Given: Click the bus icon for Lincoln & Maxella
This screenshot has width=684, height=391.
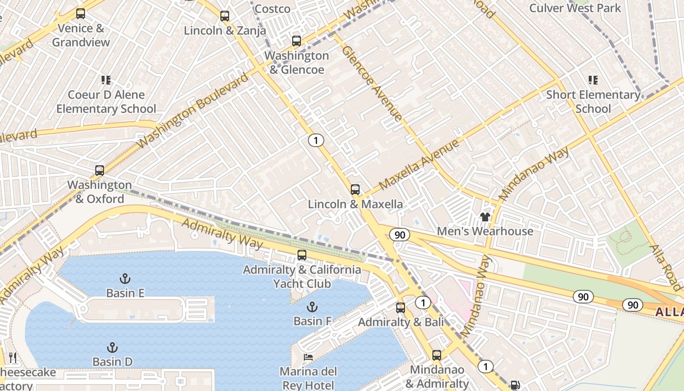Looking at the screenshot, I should click(355, 190).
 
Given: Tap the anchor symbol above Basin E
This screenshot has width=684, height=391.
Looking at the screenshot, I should click(125, 279).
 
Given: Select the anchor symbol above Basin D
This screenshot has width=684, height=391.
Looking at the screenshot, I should click(112, 348).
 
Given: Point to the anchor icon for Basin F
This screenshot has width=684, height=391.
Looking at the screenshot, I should click(312, 307).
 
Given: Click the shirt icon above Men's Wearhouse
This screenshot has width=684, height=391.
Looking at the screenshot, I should click(485, 217).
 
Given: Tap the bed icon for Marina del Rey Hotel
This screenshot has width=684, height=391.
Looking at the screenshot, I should click(308, 357).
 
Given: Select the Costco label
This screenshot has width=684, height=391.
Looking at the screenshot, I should click(272, 9).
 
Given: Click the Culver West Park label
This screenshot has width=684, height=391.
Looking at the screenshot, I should click(575, 8).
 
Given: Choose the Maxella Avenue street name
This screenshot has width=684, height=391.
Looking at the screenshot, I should click(419, 164).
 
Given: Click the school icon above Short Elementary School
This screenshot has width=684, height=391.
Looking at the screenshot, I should click(593, 80).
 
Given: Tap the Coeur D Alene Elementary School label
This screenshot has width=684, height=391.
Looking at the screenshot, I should click(106, 102).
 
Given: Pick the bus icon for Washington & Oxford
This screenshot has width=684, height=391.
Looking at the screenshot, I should click(100, 171).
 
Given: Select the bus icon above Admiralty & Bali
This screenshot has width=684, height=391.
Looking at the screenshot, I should click(401, 308).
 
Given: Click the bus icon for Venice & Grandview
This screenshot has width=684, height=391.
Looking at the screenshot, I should click(81, 14).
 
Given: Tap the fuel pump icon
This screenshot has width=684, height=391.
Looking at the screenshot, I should click(514, 385).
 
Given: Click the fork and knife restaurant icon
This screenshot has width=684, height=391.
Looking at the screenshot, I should click(13, 358).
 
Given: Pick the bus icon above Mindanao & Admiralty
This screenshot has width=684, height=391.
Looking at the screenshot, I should click(437, 355).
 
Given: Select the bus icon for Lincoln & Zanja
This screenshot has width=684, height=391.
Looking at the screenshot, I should click(225, 16).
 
